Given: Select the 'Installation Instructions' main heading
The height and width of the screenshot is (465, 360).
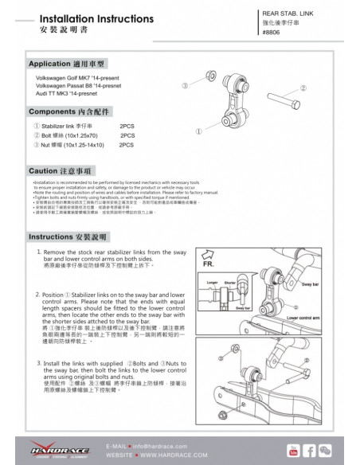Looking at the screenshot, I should (85, 17).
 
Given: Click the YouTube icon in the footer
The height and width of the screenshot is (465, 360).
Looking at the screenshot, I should (292, 451).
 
